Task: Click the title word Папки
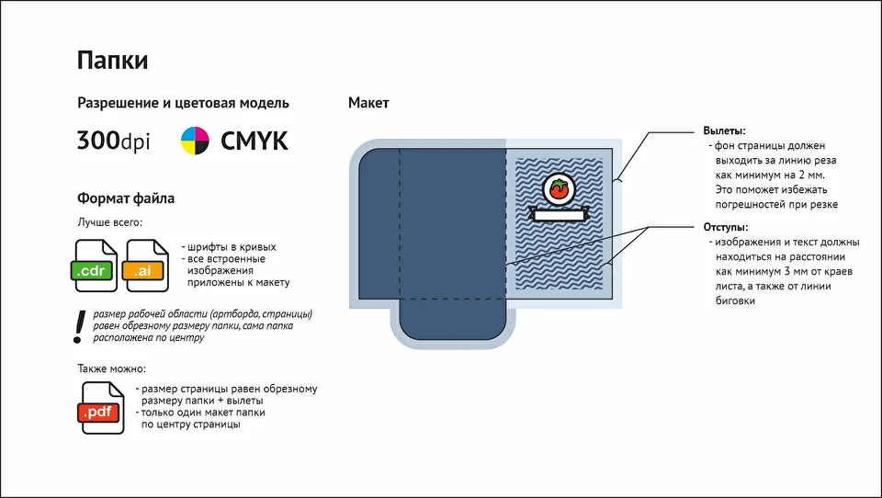(112, 61)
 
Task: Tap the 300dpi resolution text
(114, 141)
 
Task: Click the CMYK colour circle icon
(195, 141)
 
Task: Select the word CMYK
(254, 141)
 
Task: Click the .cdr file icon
(96, 266)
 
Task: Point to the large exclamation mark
(79, 326)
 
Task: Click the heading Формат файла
(126, 198)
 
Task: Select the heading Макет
(368, 102)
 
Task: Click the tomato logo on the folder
(559, 188)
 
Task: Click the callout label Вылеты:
(725, 130)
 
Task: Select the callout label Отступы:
(726, 227)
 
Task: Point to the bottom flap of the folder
(453, 320)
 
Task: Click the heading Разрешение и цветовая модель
(183, 103)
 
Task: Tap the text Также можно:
(111, 368)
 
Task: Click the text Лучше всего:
(109, 222)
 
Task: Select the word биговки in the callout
(735, 300)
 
